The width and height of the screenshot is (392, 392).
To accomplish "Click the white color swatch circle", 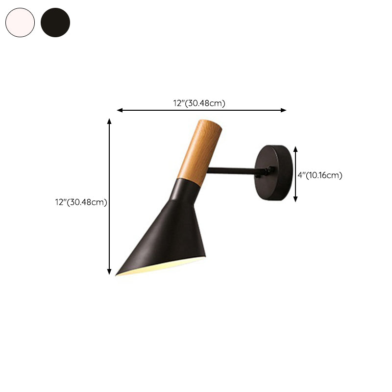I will pos(20,22).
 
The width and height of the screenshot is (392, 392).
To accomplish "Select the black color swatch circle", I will pos(55,22).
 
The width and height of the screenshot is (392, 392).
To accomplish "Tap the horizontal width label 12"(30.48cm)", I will pos(199,103).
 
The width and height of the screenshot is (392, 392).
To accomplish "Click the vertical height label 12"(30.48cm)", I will pos(81,202).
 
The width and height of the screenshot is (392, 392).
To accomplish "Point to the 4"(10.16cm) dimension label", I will pos(320,175).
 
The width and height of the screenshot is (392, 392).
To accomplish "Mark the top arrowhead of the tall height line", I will pos(109,121).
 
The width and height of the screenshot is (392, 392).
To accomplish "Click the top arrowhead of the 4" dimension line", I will pos(295,147).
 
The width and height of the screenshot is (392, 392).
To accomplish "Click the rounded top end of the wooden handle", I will pos(211,124).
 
